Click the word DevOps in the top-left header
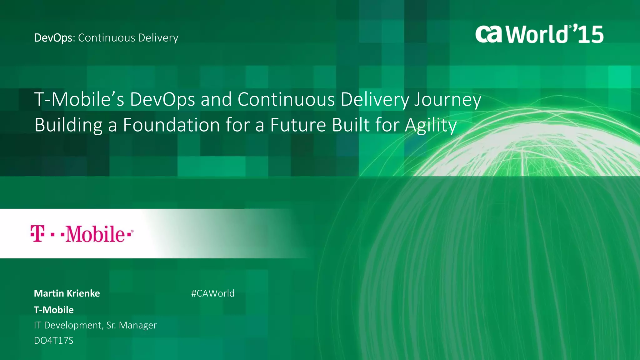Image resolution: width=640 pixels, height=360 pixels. point(53,38)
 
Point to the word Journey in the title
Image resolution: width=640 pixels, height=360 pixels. point(447,100)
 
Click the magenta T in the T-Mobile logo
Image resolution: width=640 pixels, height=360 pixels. point(37,233)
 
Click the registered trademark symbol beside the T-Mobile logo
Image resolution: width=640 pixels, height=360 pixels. point(132,231)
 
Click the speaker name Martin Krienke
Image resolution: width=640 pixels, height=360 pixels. point(67,293)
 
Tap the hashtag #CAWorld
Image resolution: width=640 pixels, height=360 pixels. point(212,293)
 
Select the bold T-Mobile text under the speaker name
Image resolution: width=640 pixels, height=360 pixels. point(54,310)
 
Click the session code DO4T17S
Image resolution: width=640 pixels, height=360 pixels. point(53,340)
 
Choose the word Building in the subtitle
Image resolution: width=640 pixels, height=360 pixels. point(68,126)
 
